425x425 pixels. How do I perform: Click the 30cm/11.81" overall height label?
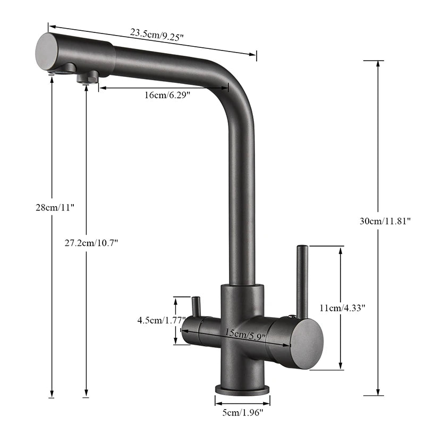pos(385,221)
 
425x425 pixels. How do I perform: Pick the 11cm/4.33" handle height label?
pos(342,308)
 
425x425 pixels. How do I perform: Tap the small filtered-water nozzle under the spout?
pos(87,78)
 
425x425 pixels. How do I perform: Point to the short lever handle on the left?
pos(195,307)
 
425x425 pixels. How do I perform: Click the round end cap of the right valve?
pos(307,344)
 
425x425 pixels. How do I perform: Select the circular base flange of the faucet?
pos(242,389)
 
